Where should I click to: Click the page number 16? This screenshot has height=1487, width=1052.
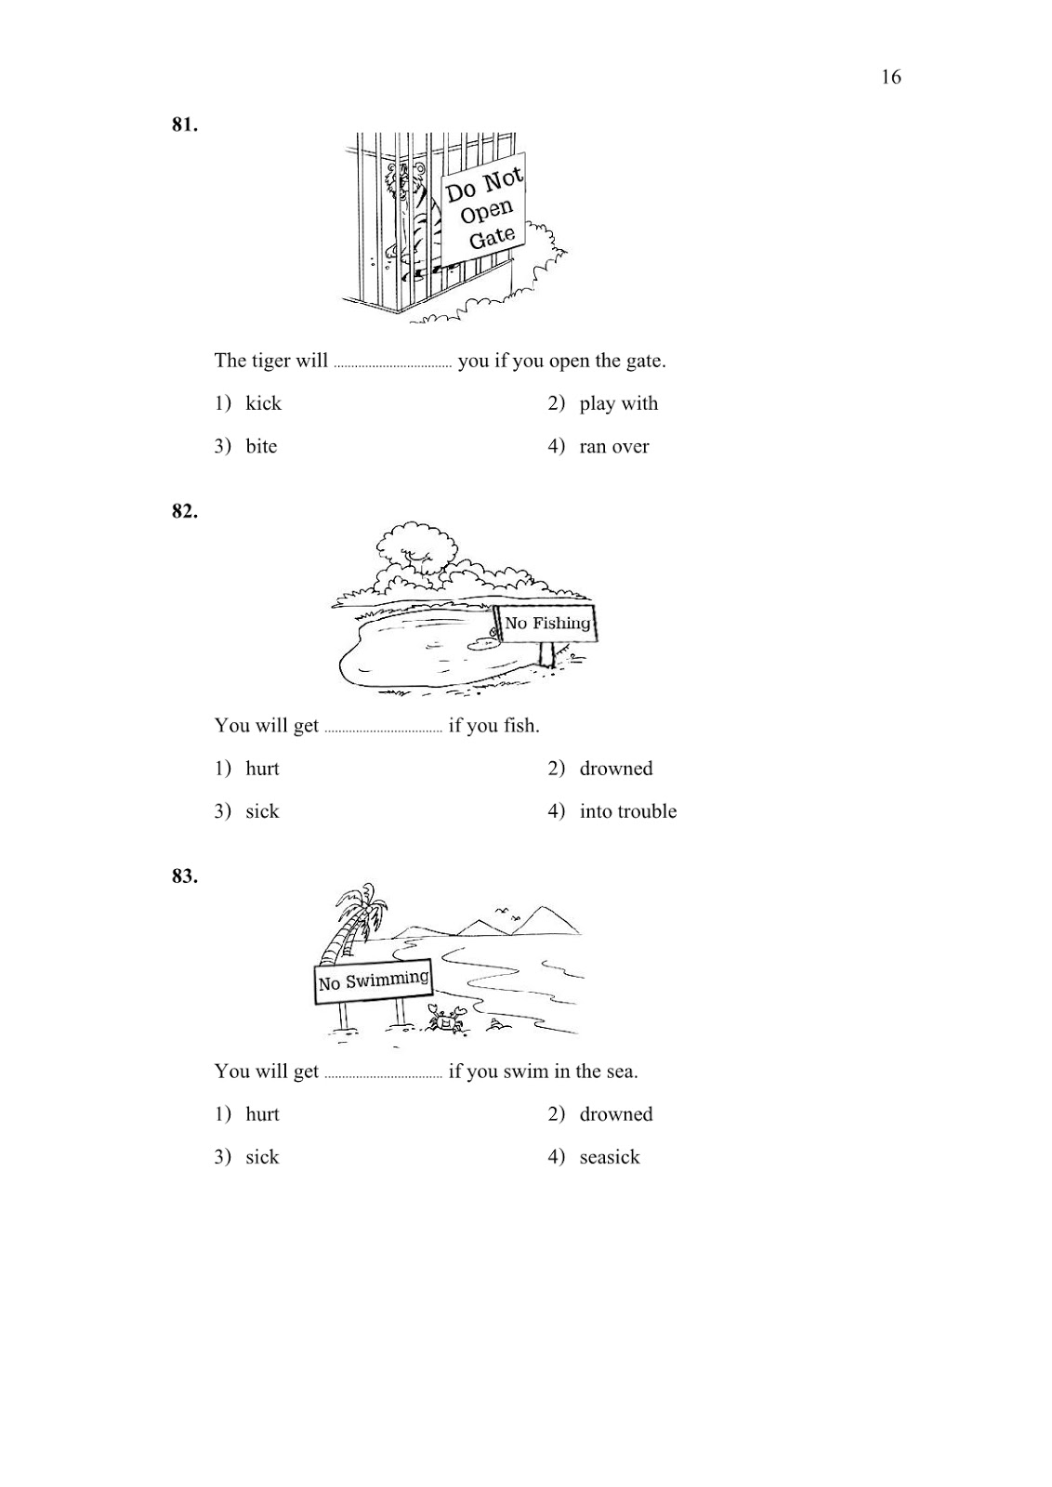(x=890, y=77)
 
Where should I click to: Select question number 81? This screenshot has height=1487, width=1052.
(x=184, y=125)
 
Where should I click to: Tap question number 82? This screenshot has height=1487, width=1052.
(x=184, y=511)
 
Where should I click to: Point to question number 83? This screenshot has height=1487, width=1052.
(x=184, y=876)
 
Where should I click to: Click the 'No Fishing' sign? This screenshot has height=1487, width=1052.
(x=547, y=624)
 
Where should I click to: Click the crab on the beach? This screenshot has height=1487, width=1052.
(x=444, y=1020)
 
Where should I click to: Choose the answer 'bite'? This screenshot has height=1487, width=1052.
(x=261, y=446)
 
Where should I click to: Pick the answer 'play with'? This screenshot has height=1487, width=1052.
(x=618, y=403)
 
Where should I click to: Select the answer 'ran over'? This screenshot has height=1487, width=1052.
(x=613, y=446)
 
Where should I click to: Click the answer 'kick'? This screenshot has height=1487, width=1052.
(x=263, y=403)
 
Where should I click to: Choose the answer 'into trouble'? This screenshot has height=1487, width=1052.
(x=627, y=811)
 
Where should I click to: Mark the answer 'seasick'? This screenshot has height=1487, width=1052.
(x=609, y=1157)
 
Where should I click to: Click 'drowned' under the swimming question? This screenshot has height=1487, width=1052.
(x=615, y=1114)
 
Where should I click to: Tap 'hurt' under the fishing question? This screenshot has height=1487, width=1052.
(x=262, y=769)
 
